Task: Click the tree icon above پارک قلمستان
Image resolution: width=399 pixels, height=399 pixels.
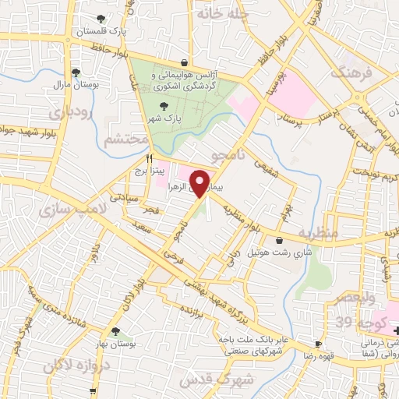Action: pyautogui.click(x=100, y=19)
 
